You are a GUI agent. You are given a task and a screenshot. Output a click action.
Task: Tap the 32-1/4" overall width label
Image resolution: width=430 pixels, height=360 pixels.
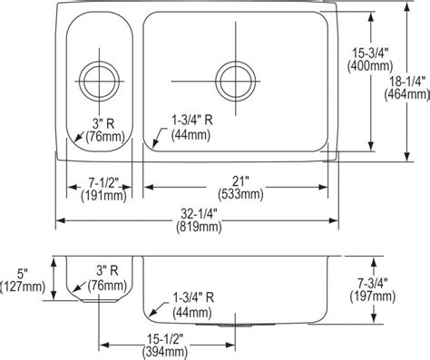click(x=200, y=214)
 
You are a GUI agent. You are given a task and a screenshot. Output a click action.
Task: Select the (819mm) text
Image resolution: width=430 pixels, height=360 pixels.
click(x=199, y=227)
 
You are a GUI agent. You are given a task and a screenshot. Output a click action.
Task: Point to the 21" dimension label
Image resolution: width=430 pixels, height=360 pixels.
click(x=240, y=181)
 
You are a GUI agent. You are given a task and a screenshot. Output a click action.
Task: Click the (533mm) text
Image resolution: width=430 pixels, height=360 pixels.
click(x=240, y=194)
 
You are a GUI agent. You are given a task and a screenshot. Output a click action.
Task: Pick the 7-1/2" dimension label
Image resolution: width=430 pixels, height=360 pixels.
click(x=103, y=183)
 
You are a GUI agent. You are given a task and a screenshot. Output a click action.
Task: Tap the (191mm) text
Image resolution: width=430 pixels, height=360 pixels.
click(x=103, y=196)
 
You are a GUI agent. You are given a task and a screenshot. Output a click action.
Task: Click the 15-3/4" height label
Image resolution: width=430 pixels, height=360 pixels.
click(x=370, y=54)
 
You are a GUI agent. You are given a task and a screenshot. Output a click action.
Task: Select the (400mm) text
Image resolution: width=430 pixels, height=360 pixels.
click(x=370, y=65)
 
